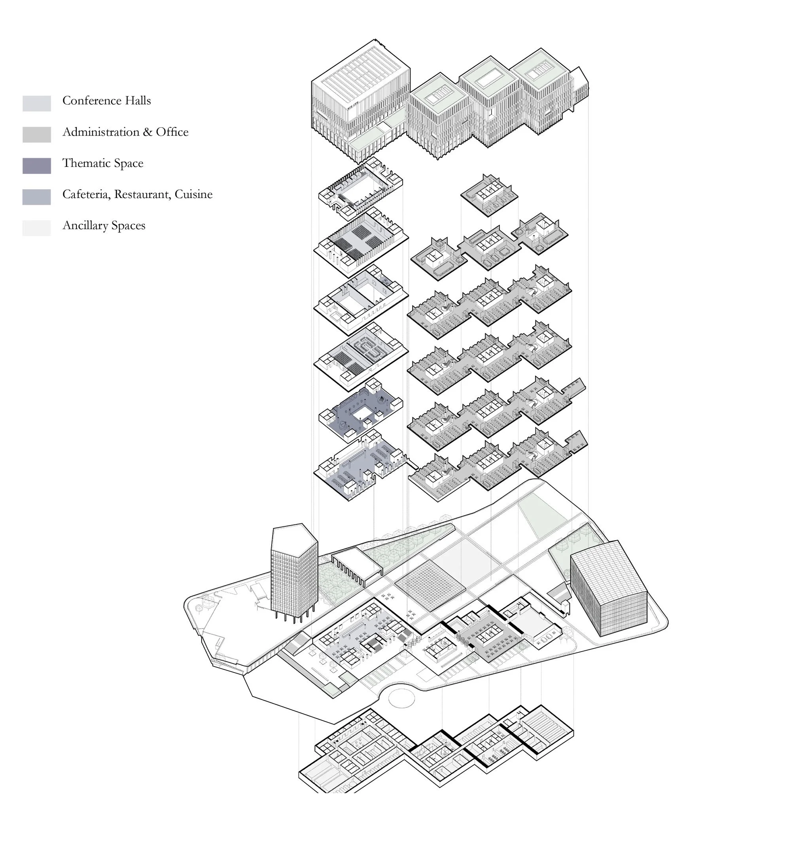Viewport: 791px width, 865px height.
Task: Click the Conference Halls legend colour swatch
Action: click(x=36, y=104)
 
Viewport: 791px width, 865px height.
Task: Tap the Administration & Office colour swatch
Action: click(x=36, y=135)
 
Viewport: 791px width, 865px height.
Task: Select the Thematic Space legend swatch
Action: click(x=36, y=166)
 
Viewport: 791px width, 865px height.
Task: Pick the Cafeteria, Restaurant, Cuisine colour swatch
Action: click(x=36, y=197)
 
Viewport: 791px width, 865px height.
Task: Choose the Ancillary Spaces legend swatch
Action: click(x=36, y=228)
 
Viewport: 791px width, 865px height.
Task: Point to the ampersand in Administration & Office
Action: click(x=148, y=132)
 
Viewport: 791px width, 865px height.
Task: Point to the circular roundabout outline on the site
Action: click(x=401, y=699)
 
